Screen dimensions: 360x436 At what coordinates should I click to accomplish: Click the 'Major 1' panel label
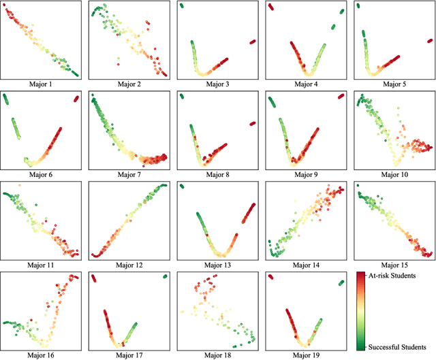point(40,84)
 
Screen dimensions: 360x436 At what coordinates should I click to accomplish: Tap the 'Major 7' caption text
point(129,175)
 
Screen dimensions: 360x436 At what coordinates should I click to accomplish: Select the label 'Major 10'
point(394,175)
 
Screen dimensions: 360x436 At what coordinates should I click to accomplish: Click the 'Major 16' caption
point(40,355)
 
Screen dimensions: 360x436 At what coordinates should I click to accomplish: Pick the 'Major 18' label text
point(217,355)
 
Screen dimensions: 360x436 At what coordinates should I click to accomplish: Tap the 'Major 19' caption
point(306,355)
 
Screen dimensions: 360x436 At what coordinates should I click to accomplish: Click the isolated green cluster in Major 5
point(358,5)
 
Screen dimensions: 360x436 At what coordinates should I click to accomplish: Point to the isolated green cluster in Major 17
point(165,276)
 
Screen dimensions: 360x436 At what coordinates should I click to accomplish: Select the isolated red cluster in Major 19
point(271,277)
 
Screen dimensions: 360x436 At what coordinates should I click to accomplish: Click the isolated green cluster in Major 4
point(334,27)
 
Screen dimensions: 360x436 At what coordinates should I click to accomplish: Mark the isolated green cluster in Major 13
point(182,186)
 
